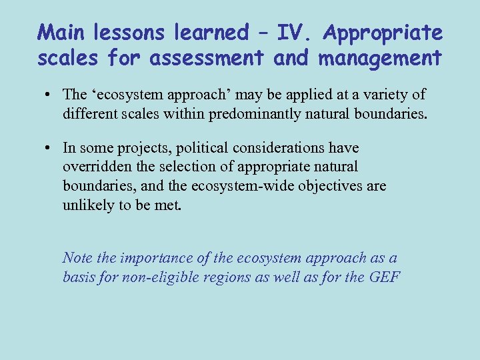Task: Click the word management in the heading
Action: (380, 58)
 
